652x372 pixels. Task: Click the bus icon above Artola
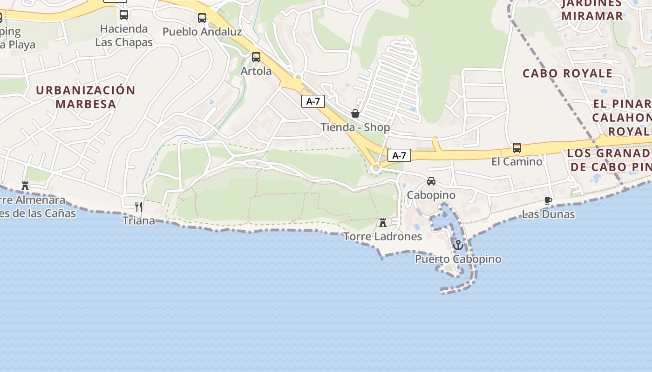click(x=256, y=57)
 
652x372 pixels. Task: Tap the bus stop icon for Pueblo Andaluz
click(x=202, y=18)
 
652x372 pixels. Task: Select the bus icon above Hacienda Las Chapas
click(x=124, y=15)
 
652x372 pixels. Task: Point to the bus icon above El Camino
click(x=517, y=148)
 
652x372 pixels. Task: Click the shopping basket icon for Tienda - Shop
click(x=355, y=113)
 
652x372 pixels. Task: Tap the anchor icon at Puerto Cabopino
click(x=458, y=245)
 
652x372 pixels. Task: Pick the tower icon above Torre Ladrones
click(x=383, y=223)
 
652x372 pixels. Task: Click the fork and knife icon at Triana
click(x=138, y=206)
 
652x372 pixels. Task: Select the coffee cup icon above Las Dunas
click(x=548, y=200)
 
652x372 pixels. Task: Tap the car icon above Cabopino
click(x=431, y=181)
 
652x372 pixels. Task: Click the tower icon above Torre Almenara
click(x=25, y=186)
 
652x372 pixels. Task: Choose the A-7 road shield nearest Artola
click(x=313, y=101)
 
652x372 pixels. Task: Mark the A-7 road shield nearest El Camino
click(x=399, y=155)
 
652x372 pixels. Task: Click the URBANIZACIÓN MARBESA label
click(x=86, y=97)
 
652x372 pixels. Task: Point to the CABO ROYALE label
click(x=567, y=73)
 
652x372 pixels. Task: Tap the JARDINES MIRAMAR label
click(x=592, y=10)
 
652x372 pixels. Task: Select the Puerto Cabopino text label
click(x=458, y=259)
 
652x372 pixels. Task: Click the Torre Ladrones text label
click(x=383, y=236)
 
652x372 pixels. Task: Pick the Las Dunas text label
click(x=548, y=214)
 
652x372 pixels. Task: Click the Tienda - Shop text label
click(x=355, y=127)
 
